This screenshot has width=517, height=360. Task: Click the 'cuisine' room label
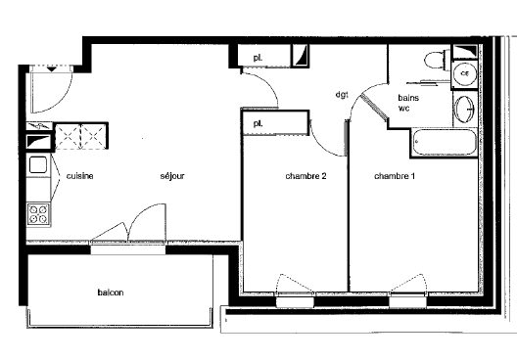(79, 176)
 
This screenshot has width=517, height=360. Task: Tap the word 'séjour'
(172, 176)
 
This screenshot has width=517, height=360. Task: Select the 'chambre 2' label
(305, 176)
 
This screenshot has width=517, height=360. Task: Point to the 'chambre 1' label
(395, 176)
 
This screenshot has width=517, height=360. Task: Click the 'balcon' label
(111, 292)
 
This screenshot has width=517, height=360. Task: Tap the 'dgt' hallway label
(342, 95)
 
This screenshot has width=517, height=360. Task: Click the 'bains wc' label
(408, 103)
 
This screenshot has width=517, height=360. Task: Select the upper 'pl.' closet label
(258, 58)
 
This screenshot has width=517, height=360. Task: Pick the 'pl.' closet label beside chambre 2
(258, 124)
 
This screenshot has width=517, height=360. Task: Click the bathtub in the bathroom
(445, 142)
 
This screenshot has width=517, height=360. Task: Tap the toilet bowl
(437, 60)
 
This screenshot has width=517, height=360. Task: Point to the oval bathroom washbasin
(464, 109)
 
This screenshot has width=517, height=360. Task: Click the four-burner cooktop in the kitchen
(38, 214)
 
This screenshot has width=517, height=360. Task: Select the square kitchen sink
(38, 164)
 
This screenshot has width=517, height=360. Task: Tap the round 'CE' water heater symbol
(464, 73)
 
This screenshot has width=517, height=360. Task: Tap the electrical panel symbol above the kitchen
(39, 126)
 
